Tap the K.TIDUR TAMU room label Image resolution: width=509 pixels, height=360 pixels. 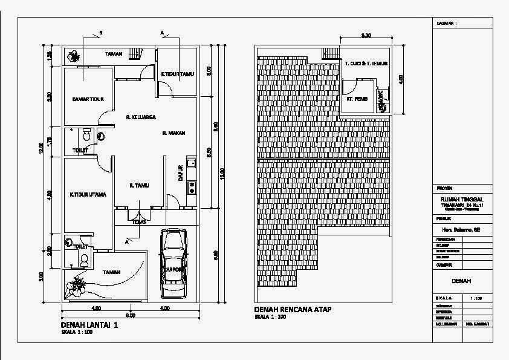tap(177, 74)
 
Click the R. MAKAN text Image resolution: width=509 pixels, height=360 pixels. tap(173, 133)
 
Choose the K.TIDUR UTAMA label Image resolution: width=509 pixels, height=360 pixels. tap(88, 195)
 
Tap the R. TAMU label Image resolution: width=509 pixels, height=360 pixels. tap(140, 186)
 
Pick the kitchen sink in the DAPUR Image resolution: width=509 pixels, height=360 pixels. tap(192, 162)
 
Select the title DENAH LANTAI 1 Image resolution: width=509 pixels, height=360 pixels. tap(89, 325)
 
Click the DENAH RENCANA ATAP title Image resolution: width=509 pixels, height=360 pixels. tap(293, 310)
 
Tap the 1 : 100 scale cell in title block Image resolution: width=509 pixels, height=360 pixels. tap(476, 299)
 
